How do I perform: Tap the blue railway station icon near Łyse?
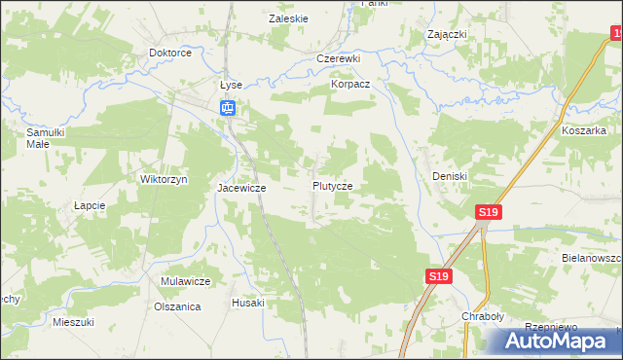pos(227,107)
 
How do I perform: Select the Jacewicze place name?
pos(241,187)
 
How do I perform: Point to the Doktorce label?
pos(168,54)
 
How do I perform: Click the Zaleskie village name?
pos(288,18)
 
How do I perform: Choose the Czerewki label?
pos(339,58)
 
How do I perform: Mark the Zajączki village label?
pos(448,34)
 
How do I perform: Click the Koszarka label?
pos(583,129)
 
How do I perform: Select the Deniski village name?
pos(450,176)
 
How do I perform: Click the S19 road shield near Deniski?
pos(489,212)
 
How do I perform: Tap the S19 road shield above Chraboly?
pos(438,277)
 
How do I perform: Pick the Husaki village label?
pos(247,303)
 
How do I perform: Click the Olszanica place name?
pos(177,306)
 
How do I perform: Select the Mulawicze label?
pos(186,281)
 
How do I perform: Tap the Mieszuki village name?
pos(73,321)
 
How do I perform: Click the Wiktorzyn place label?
pos(164,179)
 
